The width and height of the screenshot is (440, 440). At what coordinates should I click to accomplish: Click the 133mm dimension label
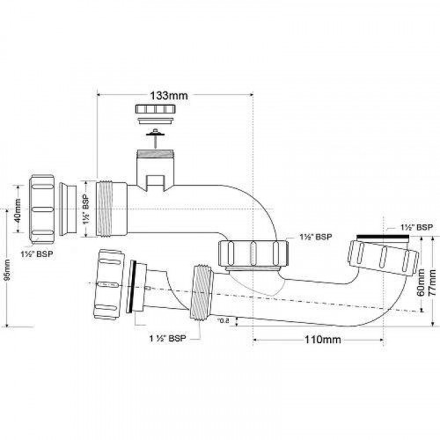172,92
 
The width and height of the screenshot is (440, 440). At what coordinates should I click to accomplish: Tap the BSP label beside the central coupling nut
314,238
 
